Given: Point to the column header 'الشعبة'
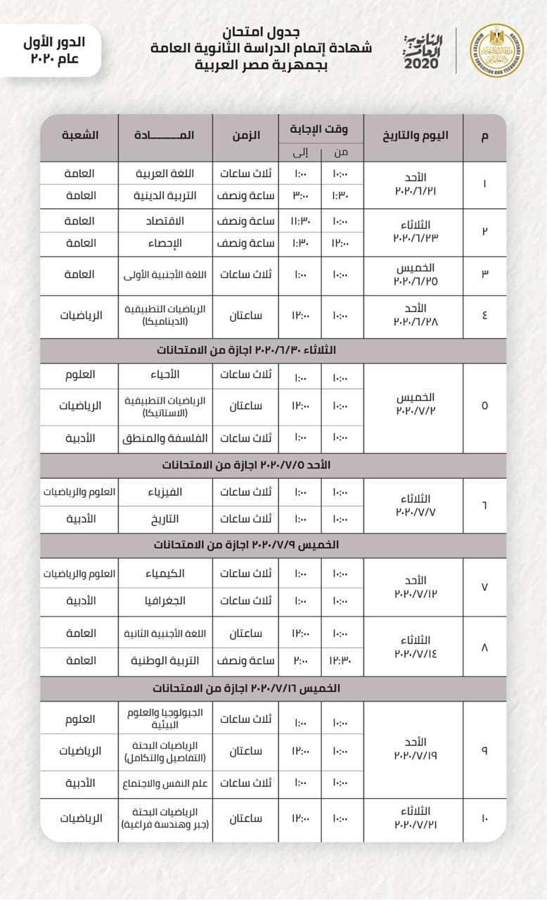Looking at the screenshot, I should (80, 134).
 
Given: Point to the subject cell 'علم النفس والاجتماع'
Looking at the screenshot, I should (165, 783).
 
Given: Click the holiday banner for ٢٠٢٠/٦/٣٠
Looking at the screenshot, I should (273, 349).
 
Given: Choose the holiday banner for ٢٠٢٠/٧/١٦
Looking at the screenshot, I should (273, 688).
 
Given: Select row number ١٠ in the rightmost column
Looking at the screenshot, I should (484, 818).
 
